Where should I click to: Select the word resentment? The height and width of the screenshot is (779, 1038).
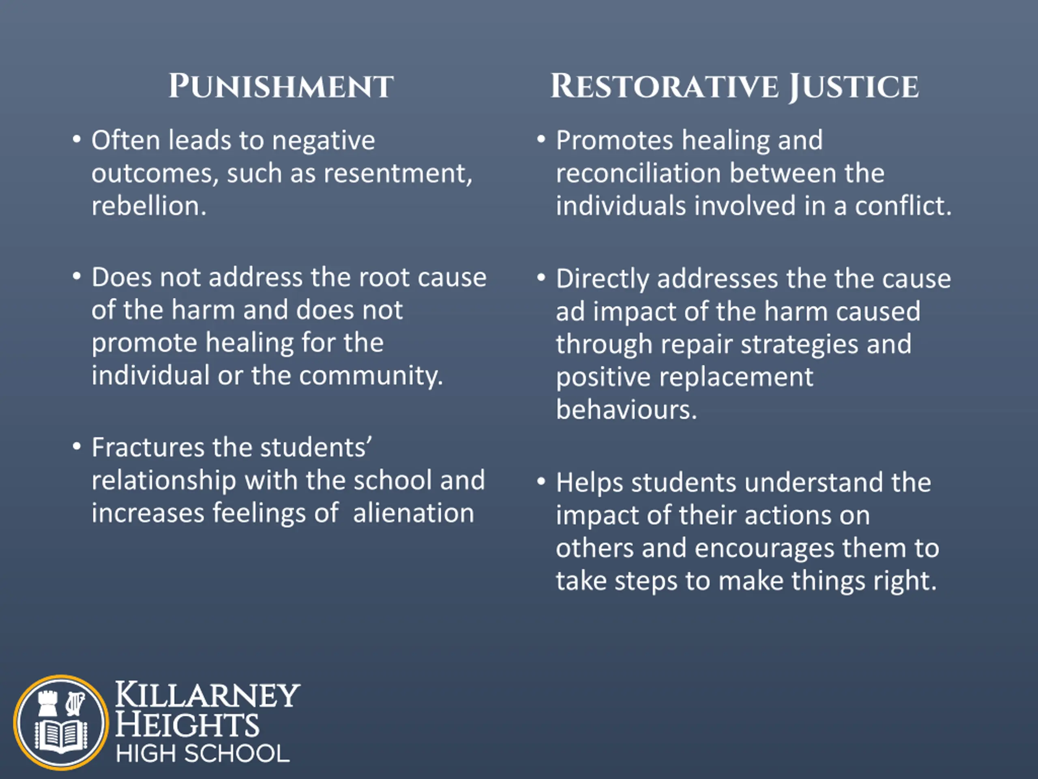[398, 173]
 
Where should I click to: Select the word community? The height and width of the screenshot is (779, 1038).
[371, 376]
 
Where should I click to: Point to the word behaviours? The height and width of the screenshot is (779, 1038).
[626, 409]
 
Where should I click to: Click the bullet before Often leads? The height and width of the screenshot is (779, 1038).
[77, 140]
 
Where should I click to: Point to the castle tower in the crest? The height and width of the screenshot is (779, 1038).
[48, 704]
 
